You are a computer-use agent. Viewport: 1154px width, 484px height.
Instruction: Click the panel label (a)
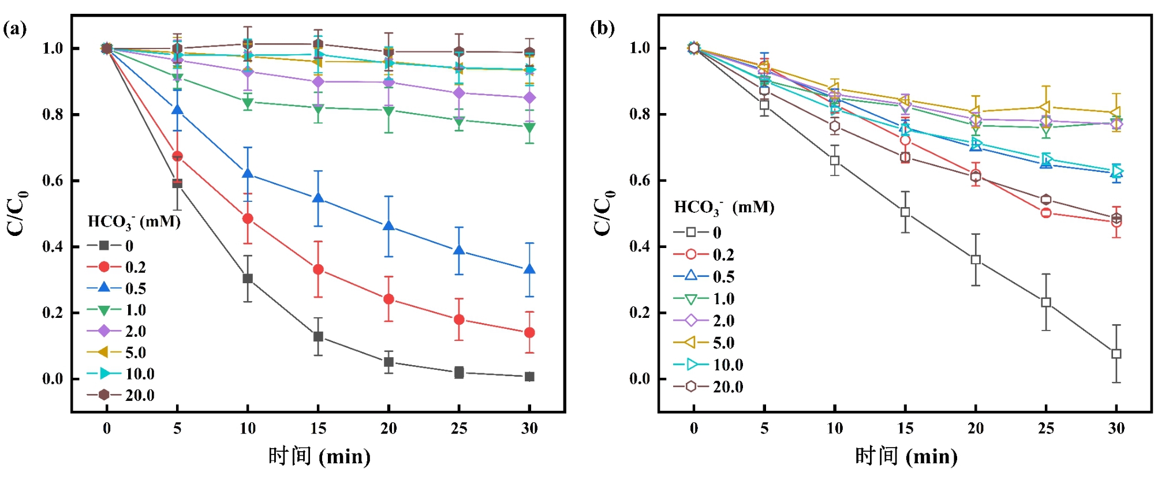14,29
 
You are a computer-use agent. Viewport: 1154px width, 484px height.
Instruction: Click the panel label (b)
602,29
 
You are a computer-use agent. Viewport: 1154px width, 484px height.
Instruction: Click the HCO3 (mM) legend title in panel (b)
724,208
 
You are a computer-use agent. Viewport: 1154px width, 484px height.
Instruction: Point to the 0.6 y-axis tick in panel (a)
53,181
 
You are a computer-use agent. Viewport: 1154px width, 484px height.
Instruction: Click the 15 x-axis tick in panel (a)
318,428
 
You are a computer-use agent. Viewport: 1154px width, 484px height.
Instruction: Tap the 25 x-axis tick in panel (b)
1046,428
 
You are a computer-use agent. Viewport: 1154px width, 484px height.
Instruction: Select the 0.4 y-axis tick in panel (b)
640,246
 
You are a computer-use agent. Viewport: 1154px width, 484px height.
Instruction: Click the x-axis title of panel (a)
319,457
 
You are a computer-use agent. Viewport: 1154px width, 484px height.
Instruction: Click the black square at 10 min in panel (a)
248,279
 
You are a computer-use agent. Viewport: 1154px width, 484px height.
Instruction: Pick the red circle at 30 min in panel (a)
529,333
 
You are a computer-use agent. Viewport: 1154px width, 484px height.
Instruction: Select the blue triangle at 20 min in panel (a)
389,226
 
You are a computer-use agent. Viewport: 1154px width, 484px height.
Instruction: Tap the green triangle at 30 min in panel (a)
529,127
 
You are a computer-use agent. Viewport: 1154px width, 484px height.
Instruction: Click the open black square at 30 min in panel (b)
1116,354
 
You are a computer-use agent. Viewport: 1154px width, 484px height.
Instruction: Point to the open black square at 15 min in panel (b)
905,212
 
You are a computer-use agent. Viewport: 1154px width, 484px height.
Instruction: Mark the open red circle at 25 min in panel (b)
1046,213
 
